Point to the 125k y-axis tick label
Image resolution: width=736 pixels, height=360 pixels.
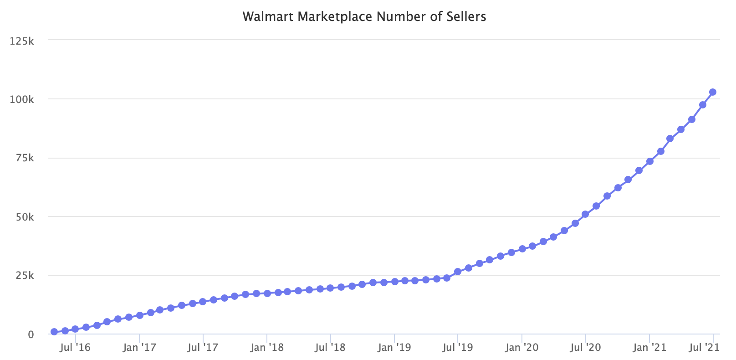[x=22, y=41]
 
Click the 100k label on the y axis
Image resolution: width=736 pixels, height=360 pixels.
[x=22, y=99]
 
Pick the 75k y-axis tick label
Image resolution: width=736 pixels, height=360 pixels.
[x=25, y=158]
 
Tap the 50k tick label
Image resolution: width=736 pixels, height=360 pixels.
[x=25, y=217]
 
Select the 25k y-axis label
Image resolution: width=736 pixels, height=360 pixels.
[x=25, y=276]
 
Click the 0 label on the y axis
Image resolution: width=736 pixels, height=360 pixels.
[x=31, y=334]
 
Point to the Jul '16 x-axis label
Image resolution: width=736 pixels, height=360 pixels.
[x=75, y=348]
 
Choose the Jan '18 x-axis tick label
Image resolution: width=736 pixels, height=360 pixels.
[x=267, y=348]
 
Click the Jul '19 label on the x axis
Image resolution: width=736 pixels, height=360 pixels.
[x=458, y=348]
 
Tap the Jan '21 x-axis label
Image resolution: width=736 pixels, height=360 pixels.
[x=649, y=348]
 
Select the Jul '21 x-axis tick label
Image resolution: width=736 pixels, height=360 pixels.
[x=704, y=348]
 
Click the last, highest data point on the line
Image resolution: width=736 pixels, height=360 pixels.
[x=713, y=92]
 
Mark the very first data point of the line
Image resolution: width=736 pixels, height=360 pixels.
[x=54, y=332]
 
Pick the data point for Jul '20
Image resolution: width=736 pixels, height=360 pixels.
[x=585, y=214]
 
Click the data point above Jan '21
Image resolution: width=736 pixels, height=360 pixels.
[x=650, y=161]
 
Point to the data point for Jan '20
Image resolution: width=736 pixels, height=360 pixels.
[x=522, y=249]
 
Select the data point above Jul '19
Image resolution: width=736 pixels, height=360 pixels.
[x=458, y=272]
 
